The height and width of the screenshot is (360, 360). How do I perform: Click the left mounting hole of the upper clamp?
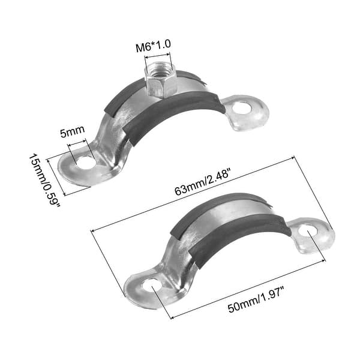[x=86, y=162]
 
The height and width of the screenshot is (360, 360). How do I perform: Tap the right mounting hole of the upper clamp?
[x=242, y=108]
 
